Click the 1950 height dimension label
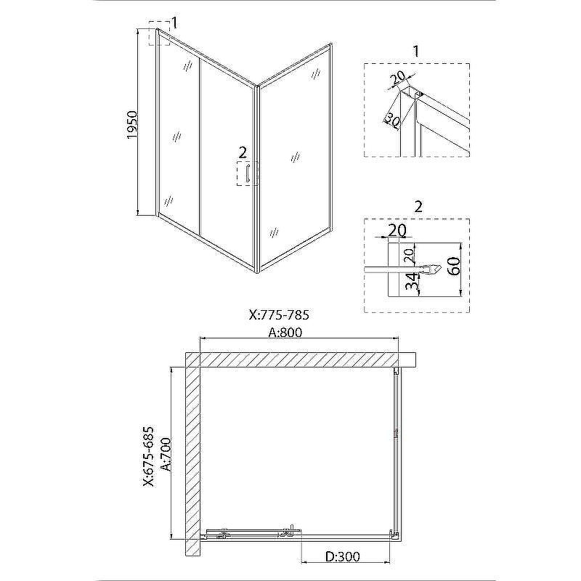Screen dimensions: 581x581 132,125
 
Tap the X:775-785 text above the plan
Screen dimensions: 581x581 279,315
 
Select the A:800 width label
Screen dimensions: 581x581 285,333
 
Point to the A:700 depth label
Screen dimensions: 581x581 166,455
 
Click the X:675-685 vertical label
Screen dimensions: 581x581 148,457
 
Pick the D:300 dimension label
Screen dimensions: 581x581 343,556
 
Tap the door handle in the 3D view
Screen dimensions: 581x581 247,173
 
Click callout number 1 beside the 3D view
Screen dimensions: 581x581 174,23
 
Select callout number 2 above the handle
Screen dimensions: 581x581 243,153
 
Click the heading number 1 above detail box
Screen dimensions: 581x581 415,51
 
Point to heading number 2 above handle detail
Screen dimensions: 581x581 418,207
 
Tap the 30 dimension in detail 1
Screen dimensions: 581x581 391,120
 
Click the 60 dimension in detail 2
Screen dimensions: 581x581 455,265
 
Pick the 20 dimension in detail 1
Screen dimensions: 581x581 398,78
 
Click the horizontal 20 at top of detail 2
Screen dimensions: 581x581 397,230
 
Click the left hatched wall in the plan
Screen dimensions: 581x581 192,454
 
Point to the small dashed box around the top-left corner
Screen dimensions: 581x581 159,33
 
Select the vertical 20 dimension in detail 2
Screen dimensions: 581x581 408,256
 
